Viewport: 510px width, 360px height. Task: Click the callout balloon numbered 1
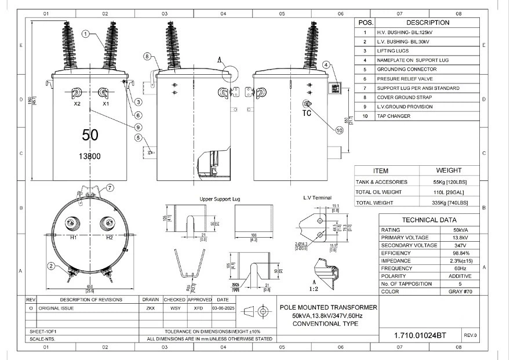point(85,34)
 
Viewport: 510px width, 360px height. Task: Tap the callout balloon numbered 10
point(339,130)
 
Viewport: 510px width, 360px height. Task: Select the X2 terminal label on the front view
point(76,104)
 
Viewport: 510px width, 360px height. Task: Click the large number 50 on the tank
point(90,135)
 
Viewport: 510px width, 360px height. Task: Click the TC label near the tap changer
point(307,113)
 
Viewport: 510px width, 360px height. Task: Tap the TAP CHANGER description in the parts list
point(394,116)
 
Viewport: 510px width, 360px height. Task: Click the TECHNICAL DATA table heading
point(429,220)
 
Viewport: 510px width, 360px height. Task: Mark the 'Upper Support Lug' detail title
point(220,199)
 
